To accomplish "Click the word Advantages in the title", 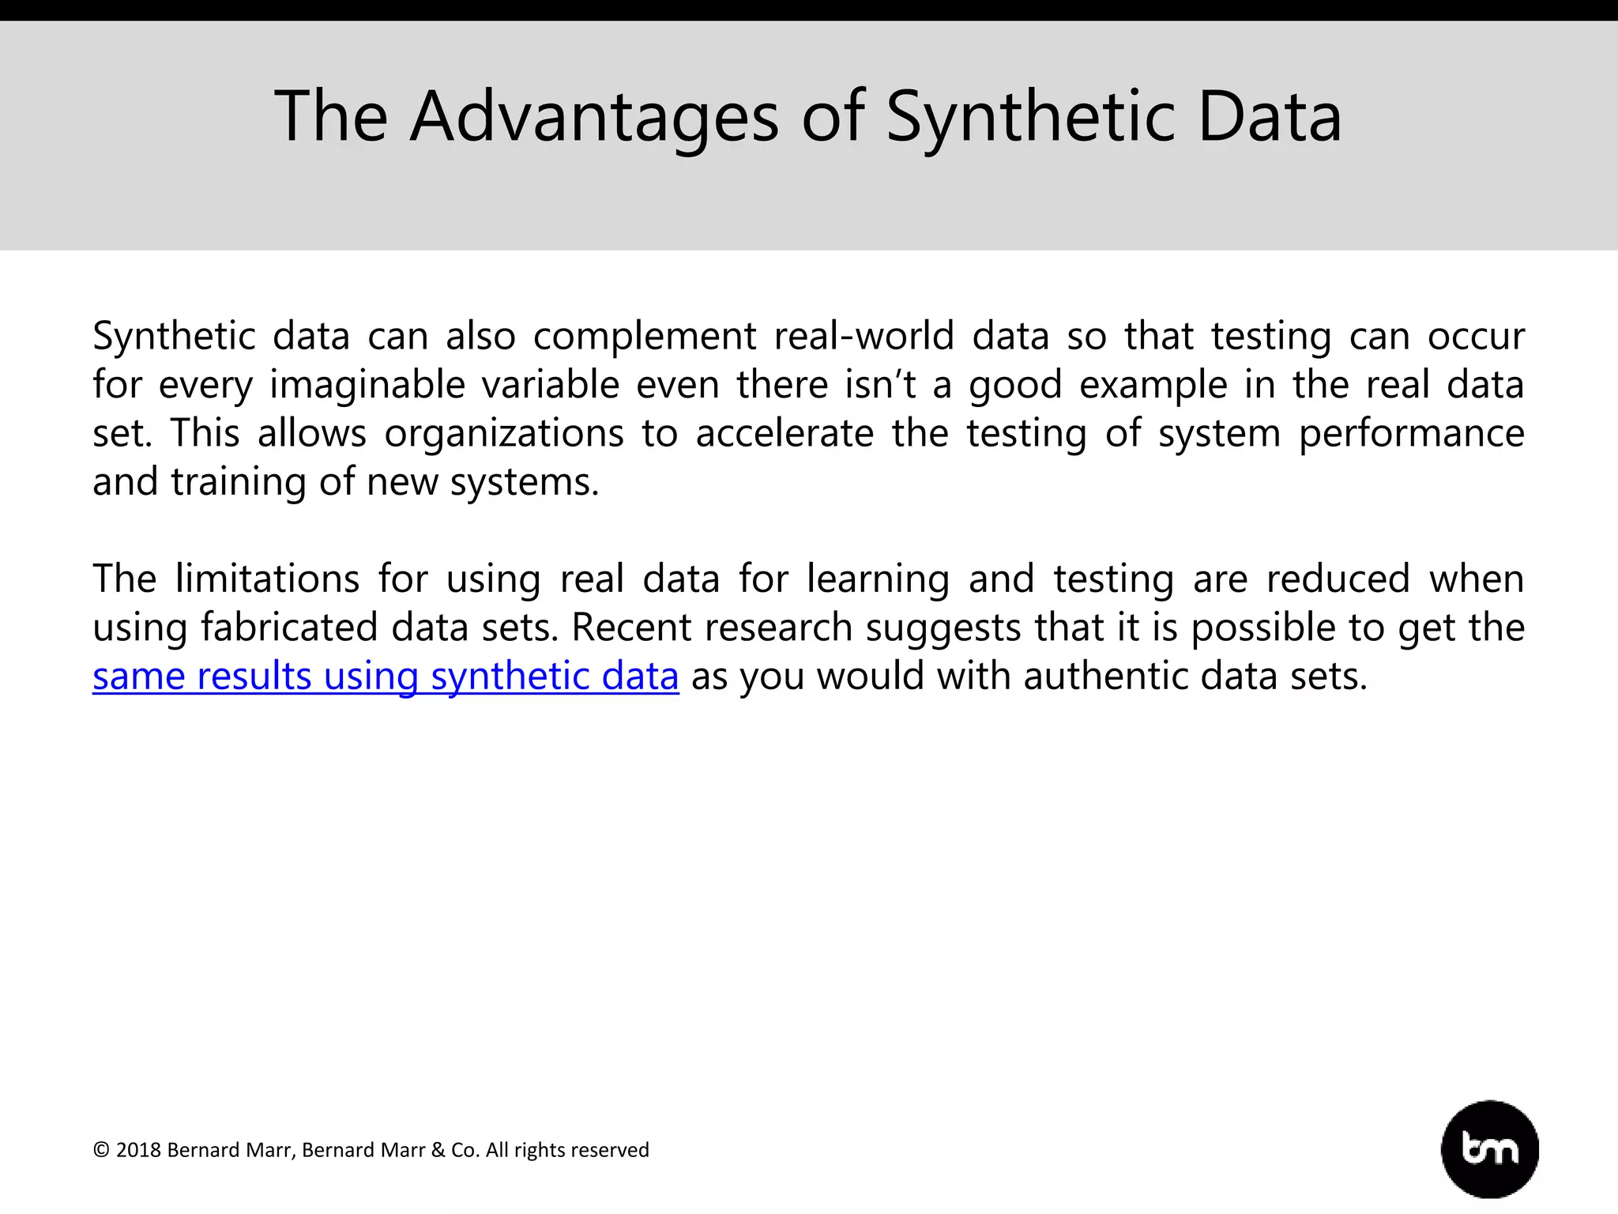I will [593, 116].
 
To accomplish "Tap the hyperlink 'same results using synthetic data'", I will [386, 677].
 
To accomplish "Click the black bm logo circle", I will [1489, 1148].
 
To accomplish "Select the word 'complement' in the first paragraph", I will [645, 336].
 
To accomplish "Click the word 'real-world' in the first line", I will [864, 336].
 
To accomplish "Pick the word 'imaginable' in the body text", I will [367, 385].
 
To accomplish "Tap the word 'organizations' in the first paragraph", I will [504, 433].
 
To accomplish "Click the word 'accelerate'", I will [785, 433].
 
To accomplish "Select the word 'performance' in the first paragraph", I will [1411, 433].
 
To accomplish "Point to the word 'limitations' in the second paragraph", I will [267, 579].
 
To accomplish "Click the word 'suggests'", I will [943, 628].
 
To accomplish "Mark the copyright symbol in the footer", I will [100, 1150].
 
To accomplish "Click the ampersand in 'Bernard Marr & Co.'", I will [438, 1150].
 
